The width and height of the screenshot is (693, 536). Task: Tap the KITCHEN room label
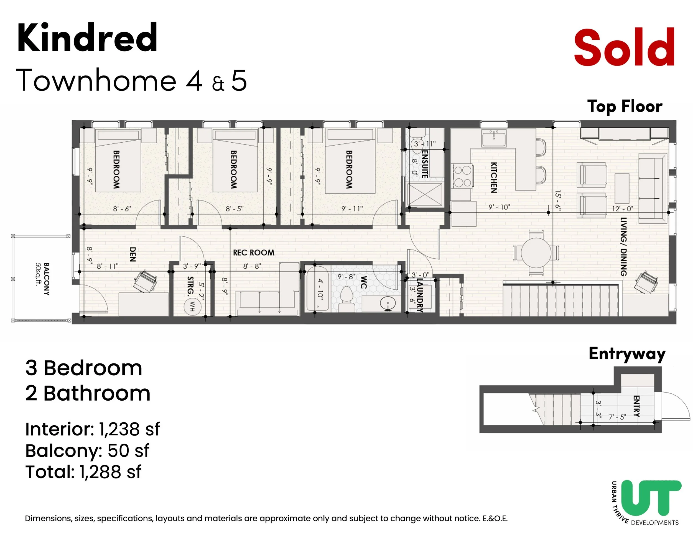pyautogui.click(x=494, y=178)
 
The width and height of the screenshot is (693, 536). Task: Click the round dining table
pyautogui.click(x=536, y=253)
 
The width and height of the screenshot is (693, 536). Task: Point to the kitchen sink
pyautogui.click(x=494, y=138)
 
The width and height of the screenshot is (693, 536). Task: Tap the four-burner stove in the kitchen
pyautogui.click(x=462, y=176)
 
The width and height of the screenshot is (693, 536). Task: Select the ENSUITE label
pyautogui.click(x=425, y=164)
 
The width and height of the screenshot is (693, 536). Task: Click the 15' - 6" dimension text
pyautogui.click(x=558, y=200)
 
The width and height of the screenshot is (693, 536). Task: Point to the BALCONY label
pyautogui.click(x=46, y=279)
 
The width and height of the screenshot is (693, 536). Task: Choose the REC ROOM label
pyautogui.click(x=254, y=253)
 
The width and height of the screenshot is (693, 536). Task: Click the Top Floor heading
pyautogui.click(x=625, y=106)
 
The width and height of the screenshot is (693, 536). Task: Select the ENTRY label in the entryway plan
pyautogui.click(x=636, y=406)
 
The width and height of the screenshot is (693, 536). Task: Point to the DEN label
pyautogui.click(x=133, y=254)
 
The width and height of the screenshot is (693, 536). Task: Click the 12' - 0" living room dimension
pyautogui.click(x=622, y=209)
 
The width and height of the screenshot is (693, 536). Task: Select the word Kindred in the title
pyautogui.click(x=87, y=38)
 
